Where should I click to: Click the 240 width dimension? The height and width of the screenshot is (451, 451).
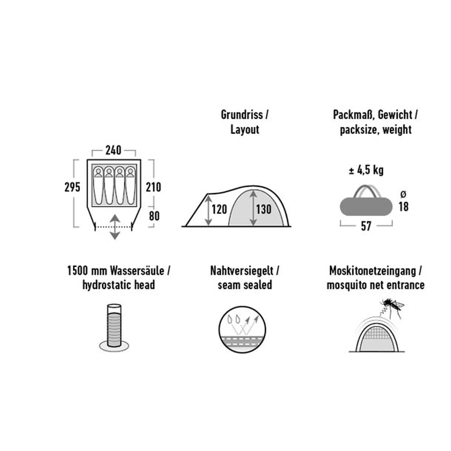click(x=113, y=150)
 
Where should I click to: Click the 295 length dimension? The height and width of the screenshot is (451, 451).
click(x=72, y=187)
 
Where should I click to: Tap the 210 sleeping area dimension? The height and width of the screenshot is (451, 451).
click(x=154, y=187)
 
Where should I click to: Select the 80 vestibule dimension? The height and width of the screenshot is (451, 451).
click(x=154, y=216)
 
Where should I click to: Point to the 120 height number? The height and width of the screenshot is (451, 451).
click(x=219, y=209)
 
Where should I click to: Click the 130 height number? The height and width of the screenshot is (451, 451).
click(x=264, y=209)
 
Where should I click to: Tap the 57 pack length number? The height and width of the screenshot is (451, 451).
click(x=366, y=226)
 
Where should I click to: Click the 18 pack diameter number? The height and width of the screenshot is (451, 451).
click(x=403, y=207)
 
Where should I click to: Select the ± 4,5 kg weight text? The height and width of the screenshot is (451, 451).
click(x=366, y=170)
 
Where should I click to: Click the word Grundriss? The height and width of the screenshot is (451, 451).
click(x=242, y=115)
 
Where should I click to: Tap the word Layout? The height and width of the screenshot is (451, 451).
click(x=245, y=130)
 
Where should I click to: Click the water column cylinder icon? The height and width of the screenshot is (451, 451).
click(x=114, y=327)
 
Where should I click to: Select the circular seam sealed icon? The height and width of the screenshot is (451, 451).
click(x=242, y=330)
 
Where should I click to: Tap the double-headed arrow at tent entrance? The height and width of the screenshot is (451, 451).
click(x=115, y=227)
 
